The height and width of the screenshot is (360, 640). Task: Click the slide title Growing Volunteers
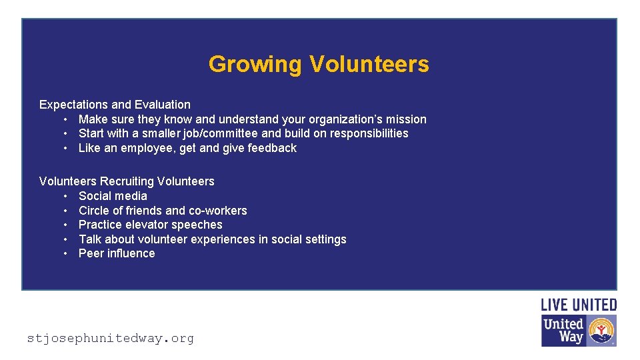pos(319,64)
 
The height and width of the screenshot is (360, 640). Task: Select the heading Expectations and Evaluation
pos(115,105)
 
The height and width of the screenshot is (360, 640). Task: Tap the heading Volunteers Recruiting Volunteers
pos(127,181)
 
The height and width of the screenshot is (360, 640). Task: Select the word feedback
pos(272,148)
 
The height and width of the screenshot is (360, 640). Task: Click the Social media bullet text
pos(113,196)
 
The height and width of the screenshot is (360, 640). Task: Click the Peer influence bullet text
pos(117,253)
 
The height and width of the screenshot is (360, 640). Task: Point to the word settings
pos(324,239)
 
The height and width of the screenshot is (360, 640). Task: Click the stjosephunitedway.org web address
pos(111,339)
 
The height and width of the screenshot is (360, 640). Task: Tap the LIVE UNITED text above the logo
pos(579,305)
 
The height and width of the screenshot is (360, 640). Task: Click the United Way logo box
pos(579,331)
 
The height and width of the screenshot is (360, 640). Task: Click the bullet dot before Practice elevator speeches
pos(67,225)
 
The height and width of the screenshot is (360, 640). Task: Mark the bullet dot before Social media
pos(67,196)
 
